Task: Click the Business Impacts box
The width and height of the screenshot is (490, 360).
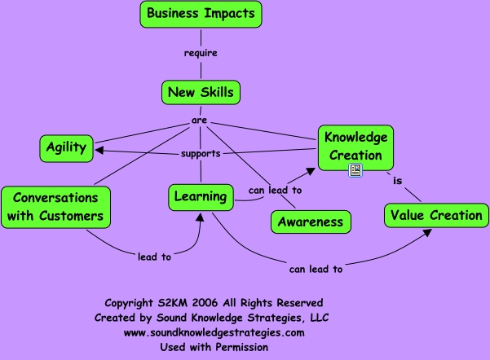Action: coord(201,14)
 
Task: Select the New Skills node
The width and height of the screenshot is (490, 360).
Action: coord(200,92)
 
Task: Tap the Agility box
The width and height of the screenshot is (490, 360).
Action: coord(66,147)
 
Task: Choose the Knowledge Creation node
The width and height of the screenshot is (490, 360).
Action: coord(354,145)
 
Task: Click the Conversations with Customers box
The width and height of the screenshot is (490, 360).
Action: coord(55,207)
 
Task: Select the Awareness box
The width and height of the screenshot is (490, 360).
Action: coord(310,222)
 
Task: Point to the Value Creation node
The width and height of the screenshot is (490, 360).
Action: coord(435,215)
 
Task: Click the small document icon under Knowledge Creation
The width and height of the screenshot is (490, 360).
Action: coord(355,170)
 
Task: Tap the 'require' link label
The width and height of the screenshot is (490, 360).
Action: coord(201,54)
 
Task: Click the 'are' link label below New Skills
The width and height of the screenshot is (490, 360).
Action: coord(199,121)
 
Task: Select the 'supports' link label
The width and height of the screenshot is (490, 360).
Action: coord(200,153)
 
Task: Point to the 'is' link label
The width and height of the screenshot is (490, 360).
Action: coord(396,182)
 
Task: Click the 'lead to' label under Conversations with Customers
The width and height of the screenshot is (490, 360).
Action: coord(154,257)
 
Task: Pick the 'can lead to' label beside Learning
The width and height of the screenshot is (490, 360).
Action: coord(275,191)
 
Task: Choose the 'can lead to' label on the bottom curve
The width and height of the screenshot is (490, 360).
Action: coord(316,268)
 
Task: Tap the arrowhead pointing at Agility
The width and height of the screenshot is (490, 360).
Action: coord(98,149)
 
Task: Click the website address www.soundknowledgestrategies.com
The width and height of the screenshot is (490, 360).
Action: coord(214,332)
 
